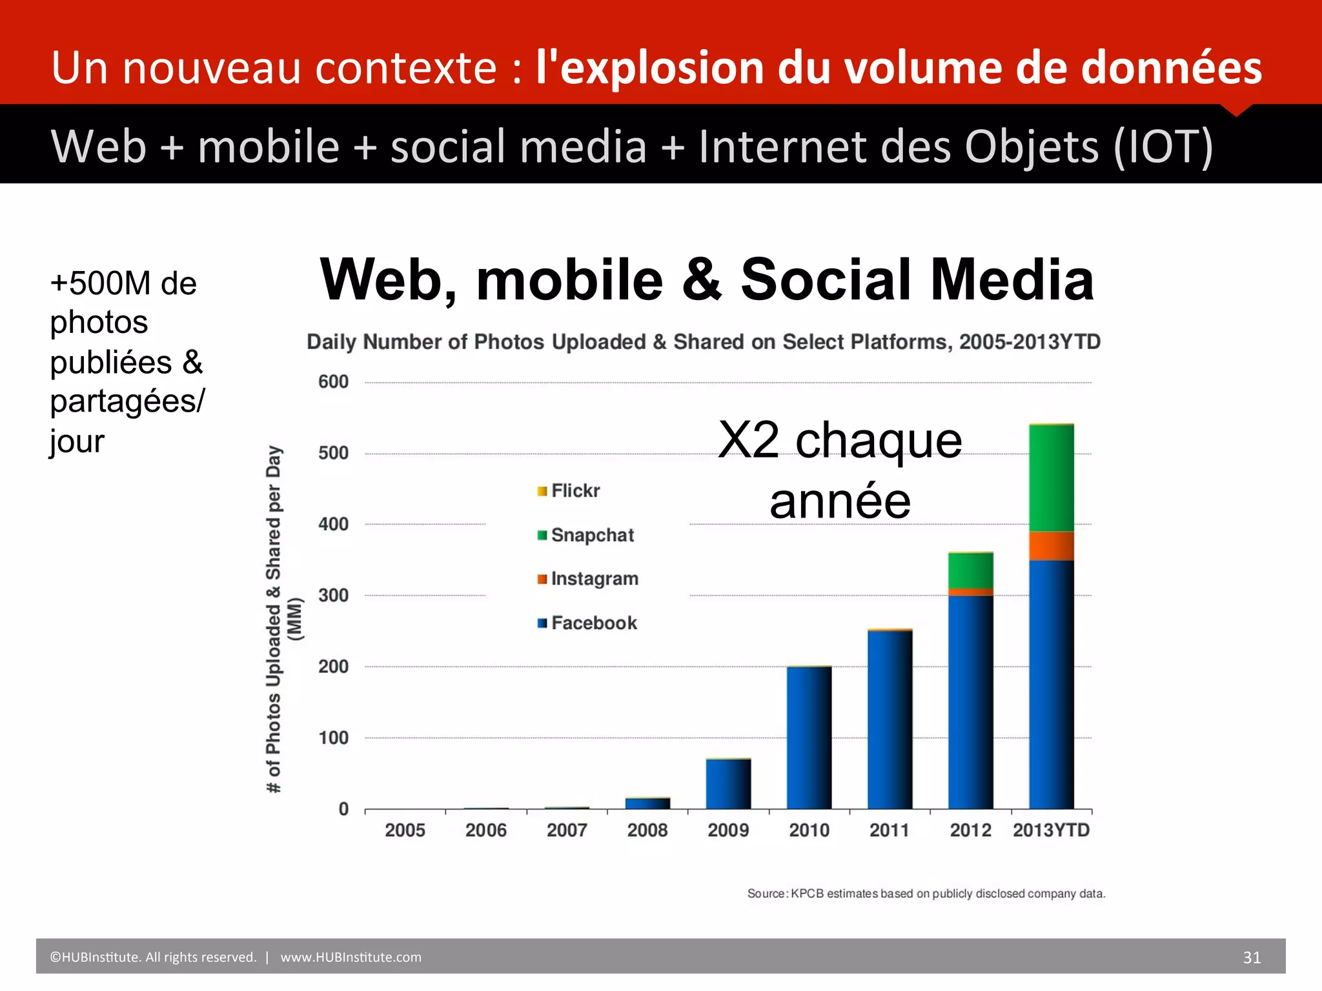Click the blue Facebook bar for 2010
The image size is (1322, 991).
pyautogui.click(x=809, y=737)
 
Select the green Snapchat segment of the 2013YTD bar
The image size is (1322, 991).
pyautogui.click(x=1051, y=477)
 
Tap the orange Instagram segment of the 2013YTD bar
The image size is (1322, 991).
pyautogui.click(x=1051, y=546)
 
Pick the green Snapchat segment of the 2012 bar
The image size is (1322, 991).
pyautogui.click(x=970, y=570)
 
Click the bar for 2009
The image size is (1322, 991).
pyautogui.click(x=728, y=784)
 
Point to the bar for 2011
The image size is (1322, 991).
pyautogui.click(x=890, y=719)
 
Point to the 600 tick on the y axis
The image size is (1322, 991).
pyautogui.click(x=333, y=382)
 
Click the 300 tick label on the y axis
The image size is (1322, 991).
pyautogui.click(x=333, y=595)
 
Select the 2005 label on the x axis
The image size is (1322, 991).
pyautogui.click(x=405, y=830)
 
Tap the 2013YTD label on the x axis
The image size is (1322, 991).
pyautogui.click(x=1051, y=830)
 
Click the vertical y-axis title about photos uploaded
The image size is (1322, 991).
pyautogui.click(x=274, y=619)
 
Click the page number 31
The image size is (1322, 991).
pyautogui.click(x=1252, y=957)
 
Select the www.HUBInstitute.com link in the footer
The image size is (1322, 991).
pyautogui.click(x=351, y=957)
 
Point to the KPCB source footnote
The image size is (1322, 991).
pyautogui.click(x=926, y=894)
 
